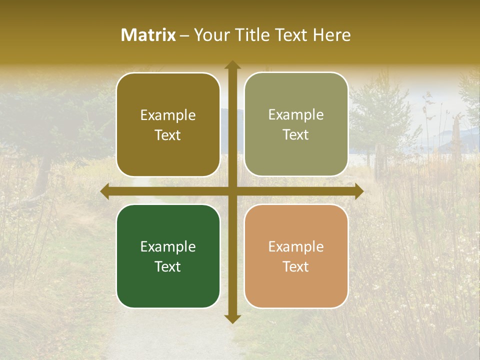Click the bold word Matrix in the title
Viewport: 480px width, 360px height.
(x=148, y=35)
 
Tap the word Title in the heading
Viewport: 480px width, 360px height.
(x=254, y=35)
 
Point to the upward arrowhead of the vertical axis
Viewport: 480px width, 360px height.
(x=232, y=65)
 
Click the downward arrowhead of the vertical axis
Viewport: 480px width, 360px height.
(x=232, y=318)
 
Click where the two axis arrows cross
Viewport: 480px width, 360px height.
(x=232, y=191)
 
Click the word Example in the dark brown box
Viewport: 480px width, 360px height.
(x=168, y=115)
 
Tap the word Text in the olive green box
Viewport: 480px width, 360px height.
(x=296, y=135)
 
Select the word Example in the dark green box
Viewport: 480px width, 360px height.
(x=168, y=247)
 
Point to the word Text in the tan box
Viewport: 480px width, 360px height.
(x=296, y=266)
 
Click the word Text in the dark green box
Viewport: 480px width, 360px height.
(x=168, y=266)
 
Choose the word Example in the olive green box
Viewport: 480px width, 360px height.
(x=296, y=115)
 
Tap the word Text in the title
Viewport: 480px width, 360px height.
(x=292, y=35)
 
